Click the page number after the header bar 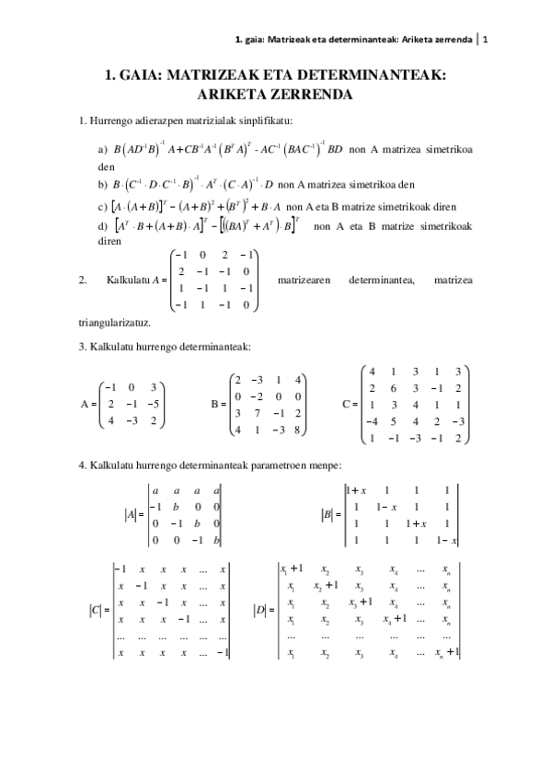[x=486, y=40]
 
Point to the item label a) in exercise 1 [x=102, y=149]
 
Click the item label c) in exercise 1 [x=102, y=206]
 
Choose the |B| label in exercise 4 [x=327, y=516]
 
